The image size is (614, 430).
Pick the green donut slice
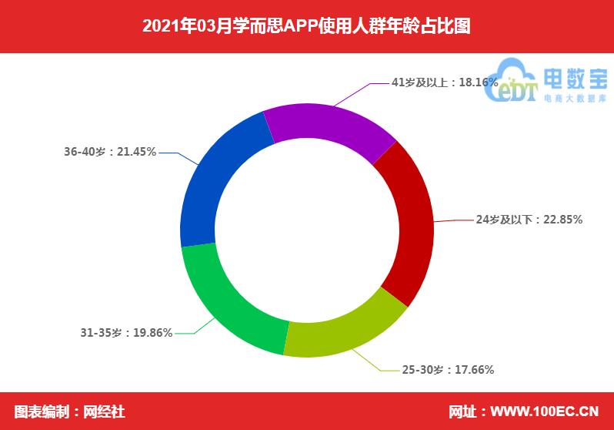[231, 301]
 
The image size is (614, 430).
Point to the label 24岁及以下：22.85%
[529, 220]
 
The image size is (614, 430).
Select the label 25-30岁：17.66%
[448, 370]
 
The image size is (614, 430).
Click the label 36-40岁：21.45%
[110, 152]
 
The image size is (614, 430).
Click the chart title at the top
[306, 27]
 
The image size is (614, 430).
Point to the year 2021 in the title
[160, 27]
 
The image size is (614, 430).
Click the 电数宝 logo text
[575, 79]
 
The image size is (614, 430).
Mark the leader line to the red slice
[454, 220]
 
